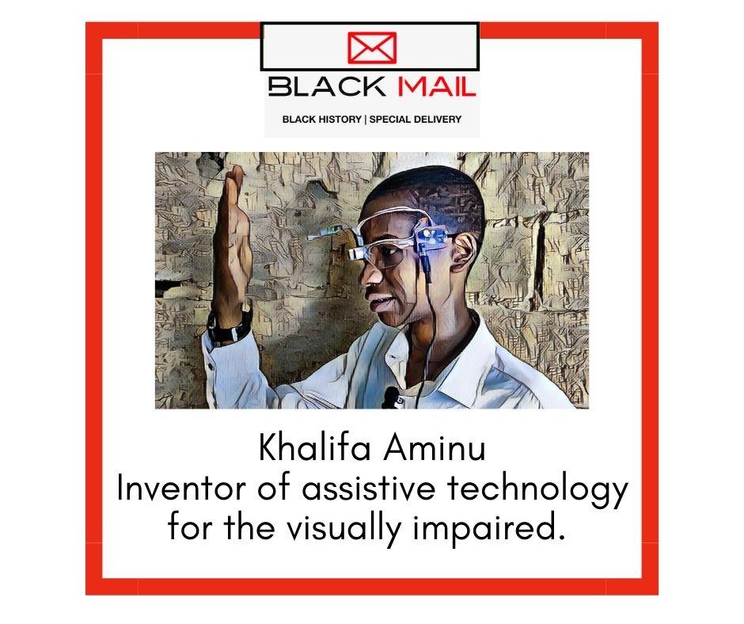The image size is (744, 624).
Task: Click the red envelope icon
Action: (372, 48)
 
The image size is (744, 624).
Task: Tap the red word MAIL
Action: (436, 87)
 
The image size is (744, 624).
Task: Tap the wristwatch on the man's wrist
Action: (230, 327)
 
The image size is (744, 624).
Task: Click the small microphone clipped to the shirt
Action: (392, 397)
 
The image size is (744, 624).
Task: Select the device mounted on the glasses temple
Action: (431, 238)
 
